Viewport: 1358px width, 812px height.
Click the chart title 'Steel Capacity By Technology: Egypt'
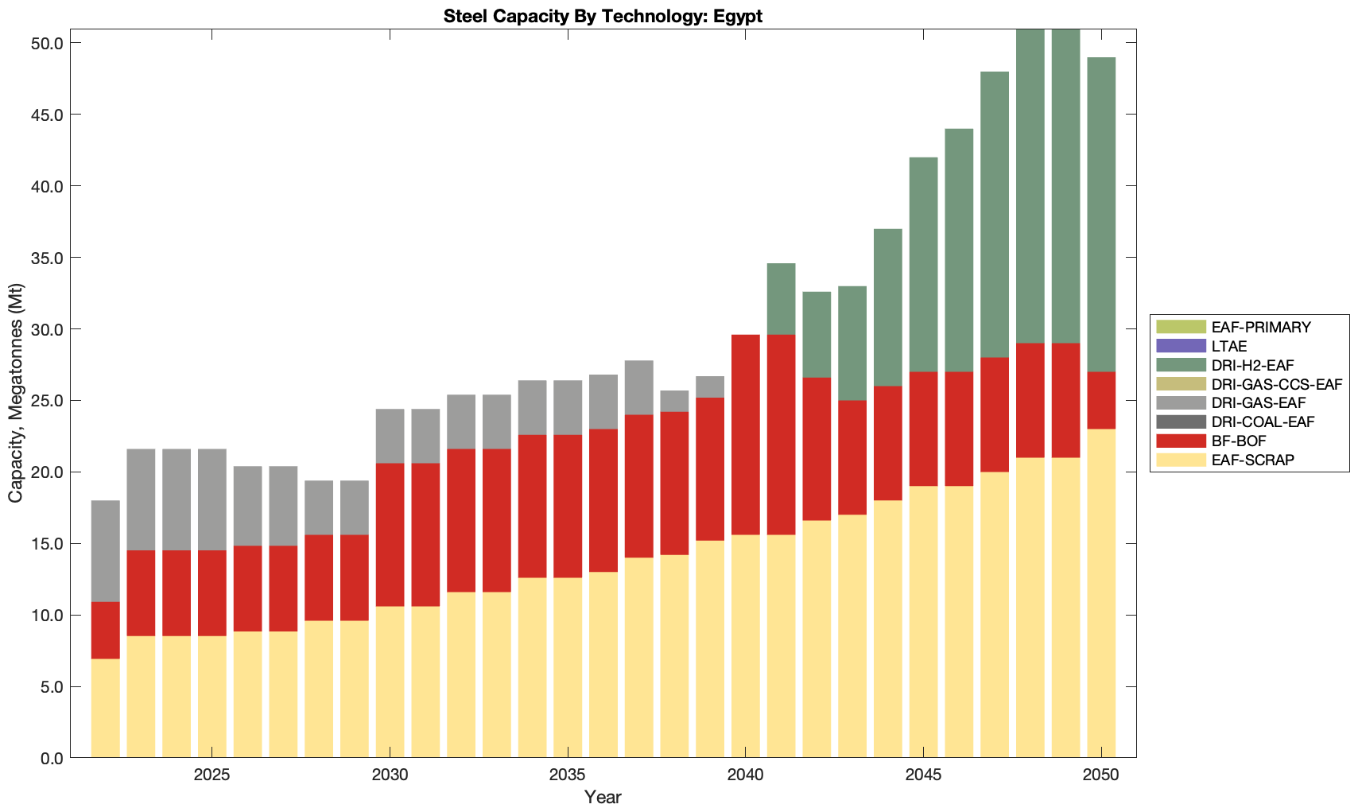pyautogui.click(x=603, y=16)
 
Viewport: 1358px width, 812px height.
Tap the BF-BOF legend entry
pyautogui.click(x=1239, y=441)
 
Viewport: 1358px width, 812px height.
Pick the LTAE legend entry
pyautogui.click(x=1229, y=346)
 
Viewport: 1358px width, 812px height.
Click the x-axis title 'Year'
pyautogui.click(x=603, y=797)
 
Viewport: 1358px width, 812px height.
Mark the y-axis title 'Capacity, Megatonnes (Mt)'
pyautogui.click(x=16, y=393)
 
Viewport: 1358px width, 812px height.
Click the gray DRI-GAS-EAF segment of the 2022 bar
pyautogui.click(x=106, y=551)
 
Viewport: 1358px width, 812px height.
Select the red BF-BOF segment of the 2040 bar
pyautogui.click(x=746, y=435)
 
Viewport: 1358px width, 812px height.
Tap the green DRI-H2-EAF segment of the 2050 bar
pyautogui.click(x=1101, y=215)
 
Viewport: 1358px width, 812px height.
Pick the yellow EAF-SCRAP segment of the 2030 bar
pyautogui.click(x=390, y=682)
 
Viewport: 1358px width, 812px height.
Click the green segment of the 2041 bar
pyautogui.click(x=781, y=299)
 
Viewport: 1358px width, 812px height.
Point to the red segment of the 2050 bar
pyautogui.click(x=1101, y=401)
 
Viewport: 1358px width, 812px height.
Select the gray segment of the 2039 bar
pyautogui.click(x=710, y=387)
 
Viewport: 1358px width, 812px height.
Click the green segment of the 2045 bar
pyautogui.click(x=923, y=265)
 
